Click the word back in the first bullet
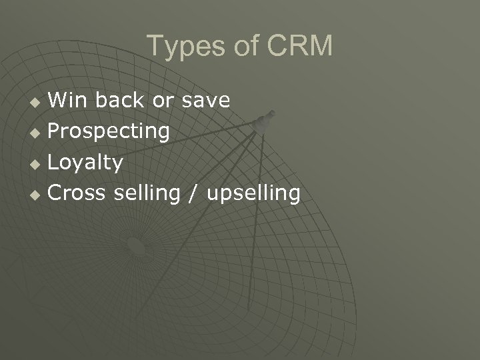pos(119,100)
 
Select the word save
pos(206,101)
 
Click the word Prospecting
pos(109,132)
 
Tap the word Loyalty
pos(85,163)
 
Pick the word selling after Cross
pos(147,193)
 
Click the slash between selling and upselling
pos(193,194)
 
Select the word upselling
pos(253,194)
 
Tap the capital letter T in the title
pos(154,46)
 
